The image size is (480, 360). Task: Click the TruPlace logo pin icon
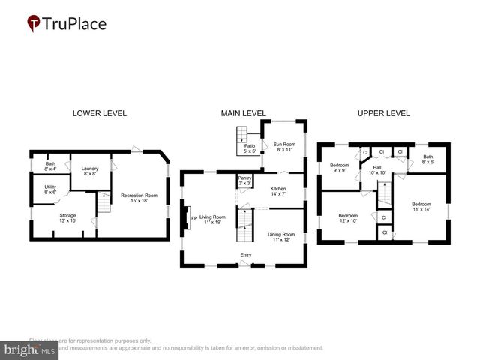click(34, 24)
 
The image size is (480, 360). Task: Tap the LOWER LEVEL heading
click(99, 113)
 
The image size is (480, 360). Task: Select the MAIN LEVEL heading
click(243, 113)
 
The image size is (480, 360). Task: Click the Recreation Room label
click(139, 198)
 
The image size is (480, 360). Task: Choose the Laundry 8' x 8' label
click(90, 171)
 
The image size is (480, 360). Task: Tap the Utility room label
click(50, 190)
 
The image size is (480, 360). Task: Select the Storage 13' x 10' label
click(67, 218)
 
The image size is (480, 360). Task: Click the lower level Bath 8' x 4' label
click(50, 166)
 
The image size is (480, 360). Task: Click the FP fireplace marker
click(193, 219)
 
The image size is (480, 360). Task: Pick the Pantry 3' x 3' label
click(244, 181)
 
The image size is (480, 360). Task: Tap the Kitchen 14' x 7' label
click(278, 191)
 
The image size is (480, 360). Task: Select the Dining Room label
click(281, 237)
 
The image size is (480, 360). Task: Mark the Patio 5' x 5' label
click(248, 148)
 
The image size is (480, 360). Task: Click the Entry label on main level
click(245, 256)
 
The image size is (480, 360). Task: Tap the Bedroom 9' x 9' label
click(340, 167)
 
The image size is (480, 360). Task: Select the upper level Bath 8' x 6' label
click(427, 159)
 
